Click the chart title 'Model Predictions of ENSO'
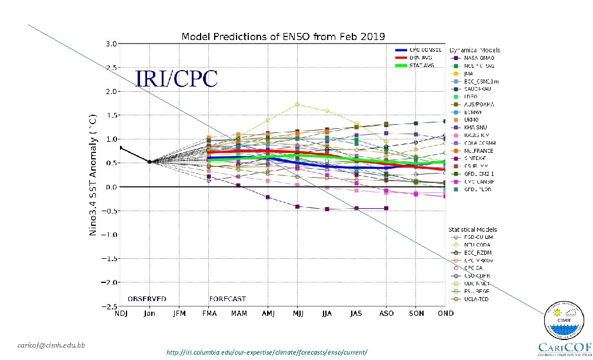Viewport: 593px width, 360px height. pyautogui.click(x=283, y=36)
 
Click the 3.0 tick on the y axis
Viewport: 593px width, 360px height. pyautogui.click(x=110, y=44)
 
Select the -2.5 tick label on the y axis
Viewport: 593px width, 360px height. pyautogui.click(x=108, y=306)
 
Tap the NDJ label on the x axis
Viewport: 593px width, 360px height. pyautogui.click(x=120, y=314)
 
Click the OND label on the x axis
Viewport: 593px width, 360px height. pyautogui.click(x=445, y=314)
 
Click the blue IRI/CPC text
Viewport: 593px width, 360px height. pyautogui.click(x=176, y=79)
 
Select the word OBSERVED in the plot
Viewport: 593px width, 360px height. pyautogui.click(x=146, y=299)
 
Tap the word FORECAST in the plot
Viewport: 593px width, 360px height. pyautogui.click(x=227, y=299)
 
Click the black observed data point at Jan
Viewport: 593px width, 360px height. pyautogui.click(x=149, y=162)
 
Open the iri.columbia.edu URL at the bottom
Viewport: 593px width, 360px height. pyautogui.click(x=267, y=352)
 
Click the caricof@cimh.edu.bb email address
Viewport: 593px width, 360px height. pyautogui.click(x=51, y=345)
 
